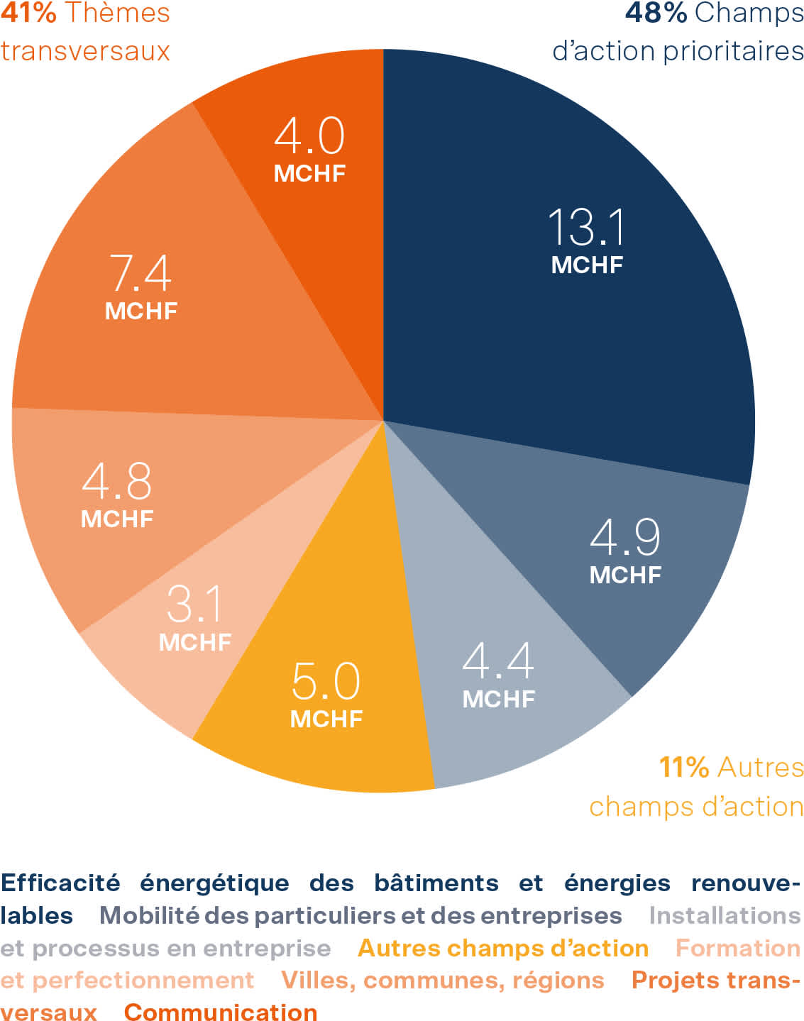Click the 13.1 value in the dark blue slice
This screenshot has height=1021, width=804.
tap(587, 228)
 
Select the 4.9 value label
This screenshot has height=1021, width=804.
tap(624, 537)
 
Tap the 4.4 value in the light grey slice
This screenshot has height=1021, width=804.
tap(497, 661)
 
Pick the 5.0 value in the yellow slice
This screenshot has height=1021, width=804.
tap(326, 681)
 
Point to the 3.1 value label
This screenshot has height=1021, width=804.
tap(194, 605)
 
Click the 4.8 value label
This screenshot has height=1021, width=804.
tap(116, 482)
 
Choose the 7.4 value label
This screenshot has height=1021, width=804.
tap(141, 273)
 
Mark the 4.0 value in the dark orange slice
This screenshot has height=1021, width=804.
tap(309, 136)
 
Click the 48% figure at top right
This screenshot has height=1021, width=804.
tap(656, 13)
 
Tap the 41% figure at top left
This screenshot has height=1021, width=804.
tap(28, 13)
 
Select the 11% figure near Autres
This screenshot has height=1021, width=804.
tap(683, 767)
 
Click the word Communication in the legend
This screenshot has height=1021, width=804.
tap(221, 1012)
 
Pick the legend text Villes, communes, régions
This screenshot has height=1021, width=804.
tap(442, 980)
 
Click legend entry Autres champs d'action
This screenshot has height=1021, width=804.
tap(502, 948)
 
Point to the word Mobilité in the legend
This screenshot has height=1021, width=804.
tap(149, 915)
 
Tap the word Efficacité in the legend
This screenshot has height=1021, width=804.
tap(60, 883)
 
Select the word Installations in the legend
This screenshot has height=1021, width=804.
tap(725, 915)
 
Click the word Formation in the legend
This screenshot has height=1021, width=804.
tap(737, 948)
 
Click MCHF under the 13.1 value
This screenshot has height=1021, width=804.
tap(587, 265)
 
